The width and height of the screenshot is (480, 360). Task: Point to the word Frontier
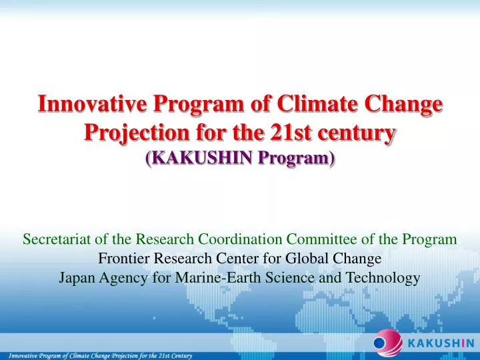click(122, 258)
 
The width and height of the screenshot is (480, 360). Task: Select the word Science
click(297, 277)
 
